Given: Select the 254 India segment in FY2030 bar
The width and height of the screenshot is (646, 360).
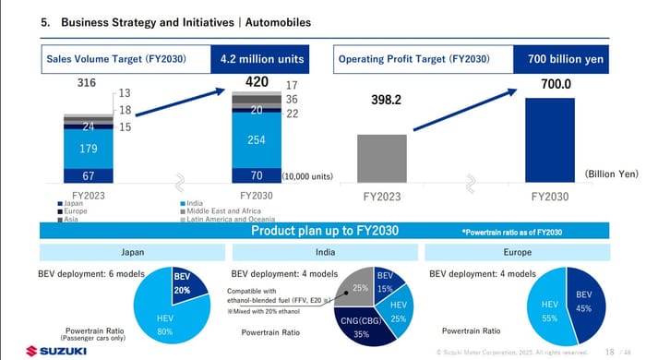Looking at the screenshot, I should [256, 139].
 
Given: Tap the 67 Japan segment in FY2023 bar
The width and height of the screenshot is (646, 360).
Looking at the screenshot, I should [88, 175].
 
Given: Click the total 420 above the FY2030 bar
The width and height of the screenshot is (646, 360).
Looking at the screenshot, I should [256, 83].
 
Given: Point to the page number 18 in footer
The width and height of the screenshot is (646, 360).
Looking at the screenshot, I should [609, 352].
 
